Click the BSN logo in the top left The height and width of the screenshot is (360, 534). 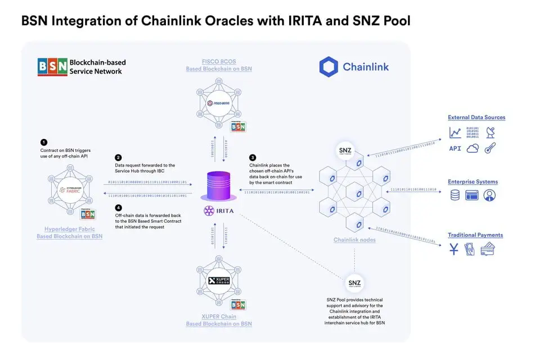click(x=52, y=66)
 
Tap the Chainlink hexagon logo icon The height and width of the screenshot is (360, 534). click(x=329, y=66)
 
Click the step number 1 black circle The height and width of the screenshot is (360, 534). click(x=44, y=142)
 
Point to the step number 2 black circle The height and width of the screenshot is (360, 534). click(x=118, y=157)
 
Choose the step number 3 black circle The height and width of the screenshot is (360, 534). click(x=253, y=157)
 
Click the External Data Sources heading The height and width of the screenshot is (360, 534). click(x=476, y=118)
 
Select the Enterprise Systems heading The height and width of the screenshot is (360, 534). click(x=473, y=182)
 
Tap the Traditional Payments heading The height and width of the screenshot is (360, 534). click(x=475, y=235)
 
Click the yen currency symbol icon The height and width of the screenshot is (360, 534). click(x=454, y=249)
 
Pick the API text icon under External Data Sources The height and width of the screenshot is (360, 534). click(x=455, y=148)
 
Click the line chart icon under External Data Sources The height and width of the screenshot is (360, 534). click(x=455, y=133)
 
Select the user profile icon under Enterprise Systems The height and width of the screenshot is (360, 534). click(x=490, y=195)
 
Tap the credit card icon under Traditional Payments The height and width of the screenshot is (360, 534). click(x=487, y=249)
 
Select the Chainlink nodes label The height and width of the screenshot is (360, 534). click(x=354, y=240)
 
